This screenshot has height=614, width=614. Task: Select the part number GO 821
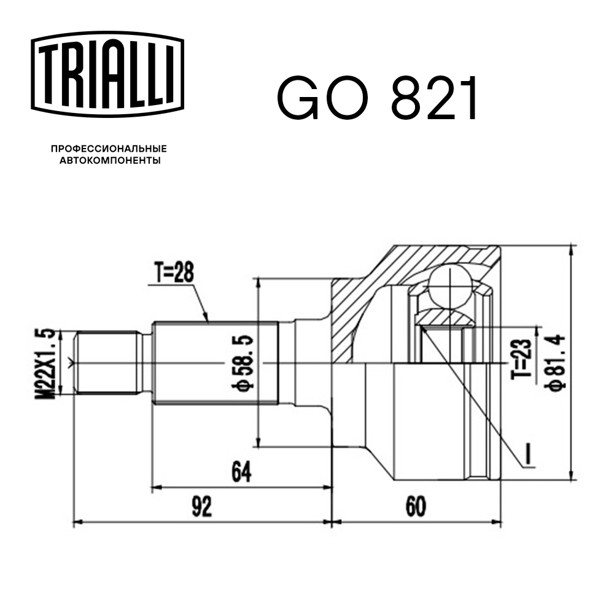(x=377, y=98)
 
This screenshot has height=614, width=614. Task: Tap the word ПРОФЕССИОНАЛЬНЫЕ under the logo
(x=109, y=149)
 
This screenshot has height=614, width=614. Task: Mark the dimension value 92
(x=201, y=507)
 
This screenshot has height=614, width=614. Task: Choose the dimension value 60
(x=416, y=507)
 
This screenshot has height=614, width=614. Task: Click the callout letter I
(x=529, y=453)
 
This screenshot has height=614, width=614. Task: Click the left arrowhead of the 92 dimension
(x=77, y=523)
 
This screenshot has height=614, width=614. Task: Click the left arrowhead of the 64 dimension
(x=155, y=488)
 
